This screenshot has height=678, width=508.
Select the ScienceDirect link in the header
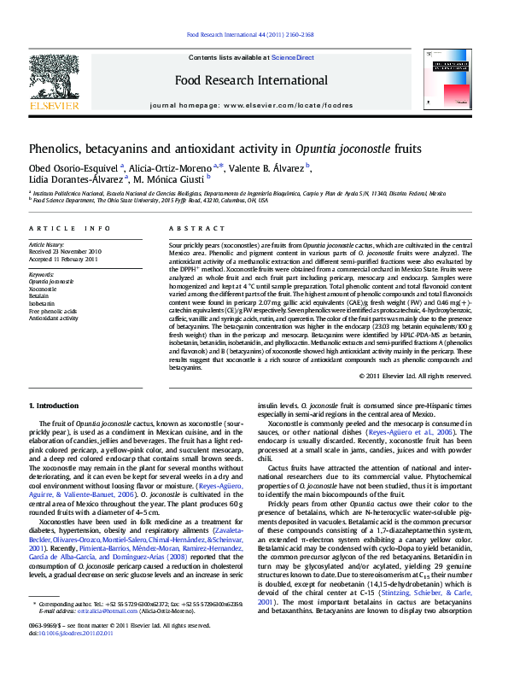292,57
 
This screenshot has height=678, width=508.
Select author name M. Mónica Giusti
175,178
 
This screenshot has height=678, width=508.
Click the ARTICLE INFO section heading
69,229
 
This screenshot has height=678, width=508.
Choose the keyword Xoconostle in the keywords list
44,287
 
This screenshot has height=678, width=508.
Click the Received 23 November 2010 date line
65,253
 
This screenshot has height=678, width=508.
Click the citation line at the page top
249,36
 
